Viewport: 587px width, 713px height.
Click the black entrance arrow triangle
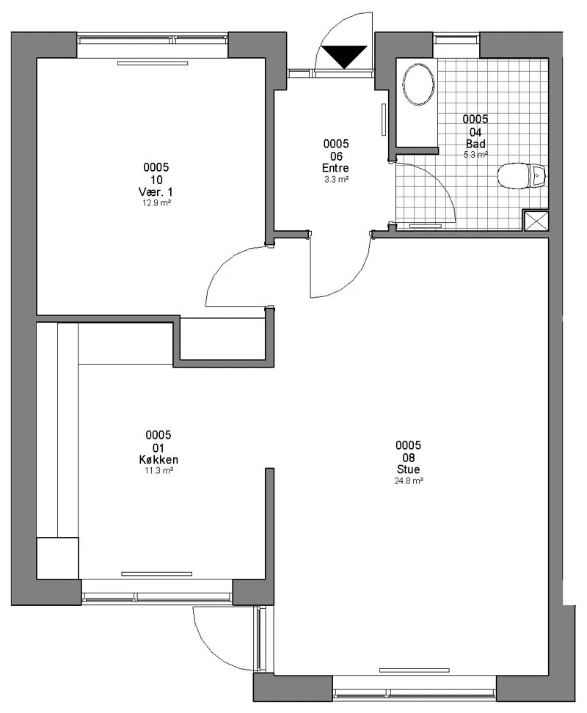[344, 56]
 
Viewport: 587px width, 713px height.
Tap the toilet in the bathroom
[522, 175]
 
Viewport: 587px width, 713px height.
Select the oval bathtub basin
[418, 84]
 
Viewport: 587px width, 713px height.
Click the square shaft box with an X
[536, 221]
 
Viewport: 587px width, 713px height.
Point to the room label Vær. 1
[156, 192]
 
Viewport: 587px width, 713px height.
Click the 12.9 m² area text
[156, 203]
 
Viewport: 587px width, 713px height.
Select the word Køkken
[158, 460]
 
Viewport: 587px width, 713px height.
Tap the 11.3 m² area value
[158, 471]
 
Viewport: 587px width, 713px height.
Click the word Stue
[408, 469]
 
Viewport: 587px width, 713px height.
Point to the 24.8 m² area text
[408, 480]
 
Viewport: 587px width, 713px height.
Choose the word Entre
[335, 168]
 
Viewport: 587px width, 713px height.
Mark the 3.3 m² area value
[336, 179]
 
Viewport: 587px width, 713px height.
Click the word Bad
[475, 144]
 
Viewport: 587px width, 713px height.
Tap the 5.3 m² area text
[475, 155]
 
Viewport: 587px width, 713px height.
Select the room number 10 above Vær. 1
[156, 180]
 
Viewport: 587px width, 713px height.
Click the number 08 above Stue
[408, 457]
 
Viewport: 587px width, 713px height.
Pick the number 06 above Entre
[336, 156]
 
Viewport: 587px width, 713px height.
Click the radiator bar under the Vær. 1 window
[153, 63]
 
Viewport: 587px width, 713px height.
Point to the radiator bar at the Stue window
[415, 670]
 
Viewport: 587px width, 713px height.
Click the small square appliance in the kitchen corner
[57, 558]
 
